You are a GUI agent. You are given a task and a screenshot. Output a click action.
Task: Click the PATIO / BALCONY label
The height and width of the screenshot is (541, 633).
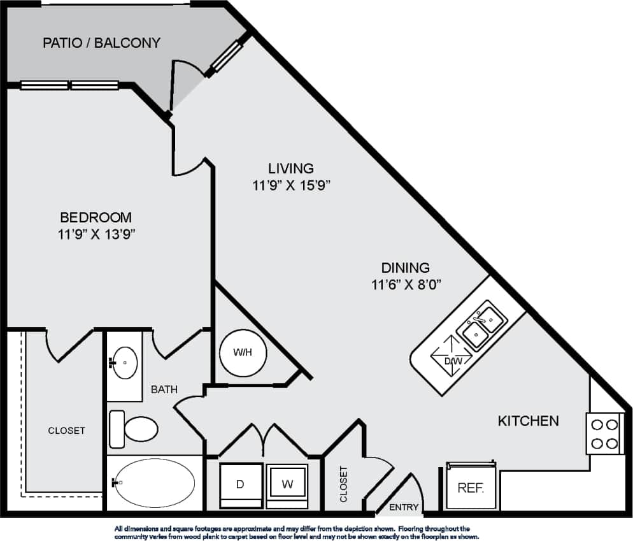point(101,43)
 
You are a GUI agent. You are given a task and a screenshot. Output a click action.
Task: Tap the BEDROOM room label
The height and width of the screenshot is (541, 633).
point(96,217)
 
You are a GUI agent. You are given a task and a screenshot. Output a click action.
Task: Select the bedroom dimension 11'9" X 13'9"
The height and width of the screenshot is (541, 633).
point(96,234)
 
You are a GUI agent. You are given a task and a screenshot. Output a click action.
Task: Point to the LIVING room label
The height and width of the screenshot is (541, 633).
point(290,169)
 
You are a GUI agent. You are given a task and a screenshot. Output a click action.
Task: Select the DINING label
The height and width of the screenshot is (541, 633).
point(405,268)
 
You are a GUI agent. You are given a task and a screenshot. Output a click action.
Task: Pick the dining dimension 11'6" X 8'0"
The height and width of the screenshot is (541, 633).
point(406,285)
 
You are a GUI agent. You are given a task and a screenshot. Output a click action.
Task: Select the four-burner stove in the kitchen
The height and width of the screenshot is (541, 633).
point(604,433)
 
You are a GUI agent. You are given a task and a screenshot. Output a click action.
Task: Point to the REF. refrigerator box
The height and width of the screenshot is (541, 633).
point(471,489)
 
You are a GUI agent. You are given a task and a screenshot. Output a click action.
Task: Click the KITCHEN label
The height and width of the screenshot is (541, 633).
point(528,421)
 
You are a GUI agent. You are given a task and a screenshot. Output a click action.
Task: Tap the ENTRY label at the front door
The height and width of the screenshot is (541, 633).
point(404,508)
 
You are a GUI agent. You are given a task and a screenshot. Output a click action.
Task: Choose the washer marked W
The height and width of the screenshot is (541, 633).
point(287,485)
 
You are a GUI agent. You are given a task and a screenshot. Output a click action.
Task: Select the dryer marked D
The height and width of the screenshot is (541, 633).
point(240,485)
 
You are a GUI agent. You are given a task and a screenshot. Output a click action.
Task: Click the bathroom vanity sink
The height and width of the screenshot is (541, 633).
point(124,363)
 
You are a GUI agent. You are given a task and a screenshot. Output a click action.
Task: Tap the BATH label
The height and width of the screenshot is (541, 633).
point(164,389)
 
